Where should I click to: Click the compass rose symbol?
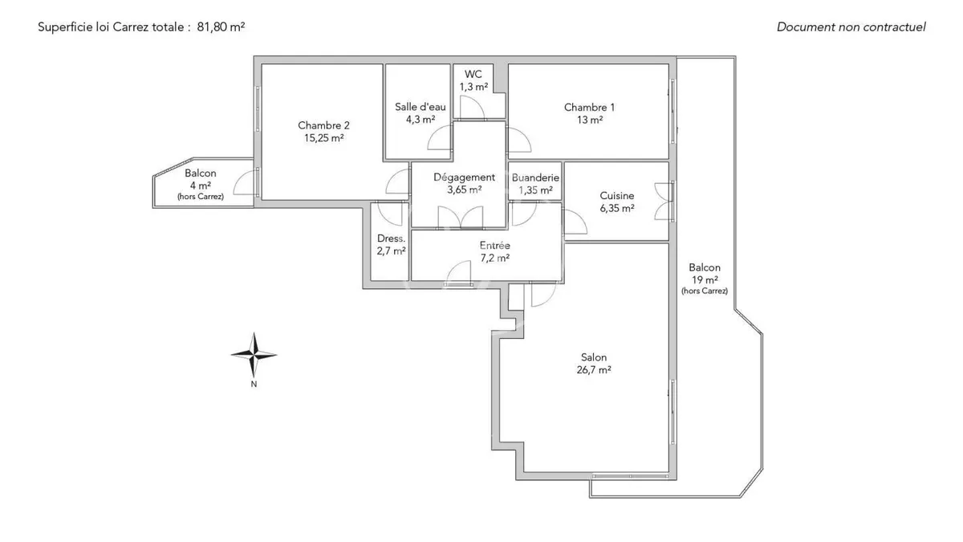(254, 355)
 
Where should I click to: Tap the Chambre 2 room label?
(323, 132)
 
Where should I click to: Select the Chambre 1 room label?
(589, 113)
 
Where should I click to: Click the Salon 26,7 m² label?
(594, 364)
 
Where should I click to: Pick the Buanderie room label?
(535, 184)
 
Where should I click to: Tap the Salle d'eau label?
(420, 113)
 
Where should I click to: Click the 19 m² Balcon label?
(705, 279)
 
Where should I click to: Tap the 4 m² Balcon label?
(201, 185)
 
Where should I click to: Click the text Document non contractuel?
(851, 26)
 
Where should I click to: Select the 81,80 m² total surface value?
(221, 26)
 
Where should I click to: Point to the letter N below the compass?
(254, 384)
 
